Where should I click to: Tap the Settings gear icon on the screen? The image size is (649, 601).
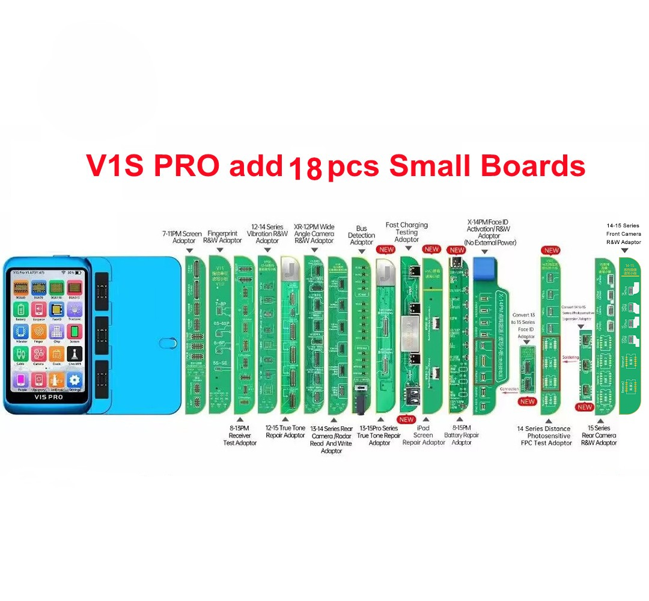pos(74,380)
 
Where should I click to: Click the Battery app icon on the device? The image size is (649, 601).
pos(21,310)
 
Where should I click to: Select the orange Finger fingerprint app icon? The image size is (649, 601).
pos(39,332)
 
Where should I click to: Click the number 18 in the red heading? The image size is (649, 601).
pos(305,169)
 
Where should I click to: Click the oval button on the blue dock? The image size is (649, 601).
pos(166,344)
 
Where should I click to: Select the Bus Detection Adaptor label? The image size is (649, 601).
pos(361,235)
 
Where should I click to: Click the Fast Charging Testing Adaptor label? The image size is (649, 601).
pos(407,232)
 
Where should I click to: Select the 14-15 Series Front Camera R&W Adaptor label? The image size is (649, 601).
pos(623,234)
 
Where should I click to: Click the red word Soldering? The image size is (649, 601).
pos(570,358)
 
